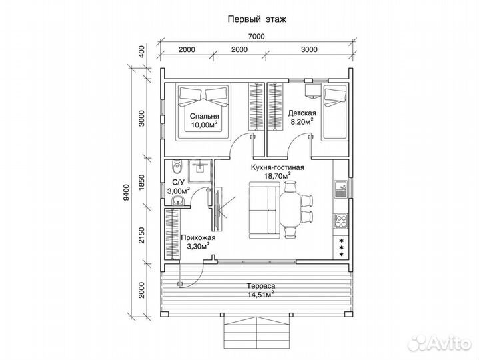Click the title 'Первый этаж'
(257, 19)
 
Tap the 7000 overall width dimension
(256, 37)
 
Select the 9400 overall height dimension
(125, 192)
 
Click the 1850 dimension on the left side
(141, 183)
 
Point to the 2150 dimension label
(141, 235)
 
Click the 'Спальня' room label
(204, 116)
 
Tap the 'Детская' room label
(302, 113)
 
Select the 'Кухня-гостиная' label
(277, 167)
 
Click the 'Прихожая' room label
(198, 238)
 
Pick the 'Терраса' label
(261, 286)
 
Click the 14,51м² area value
(261, 294)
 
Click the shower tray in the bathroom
(199, 171)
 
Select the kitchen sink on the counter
(340, 189)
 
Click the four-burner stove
(340, 221)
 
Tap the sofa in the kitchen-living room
(264, 210)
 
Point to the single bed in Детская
(334, 113)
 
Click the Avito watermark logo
(440, 343)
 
